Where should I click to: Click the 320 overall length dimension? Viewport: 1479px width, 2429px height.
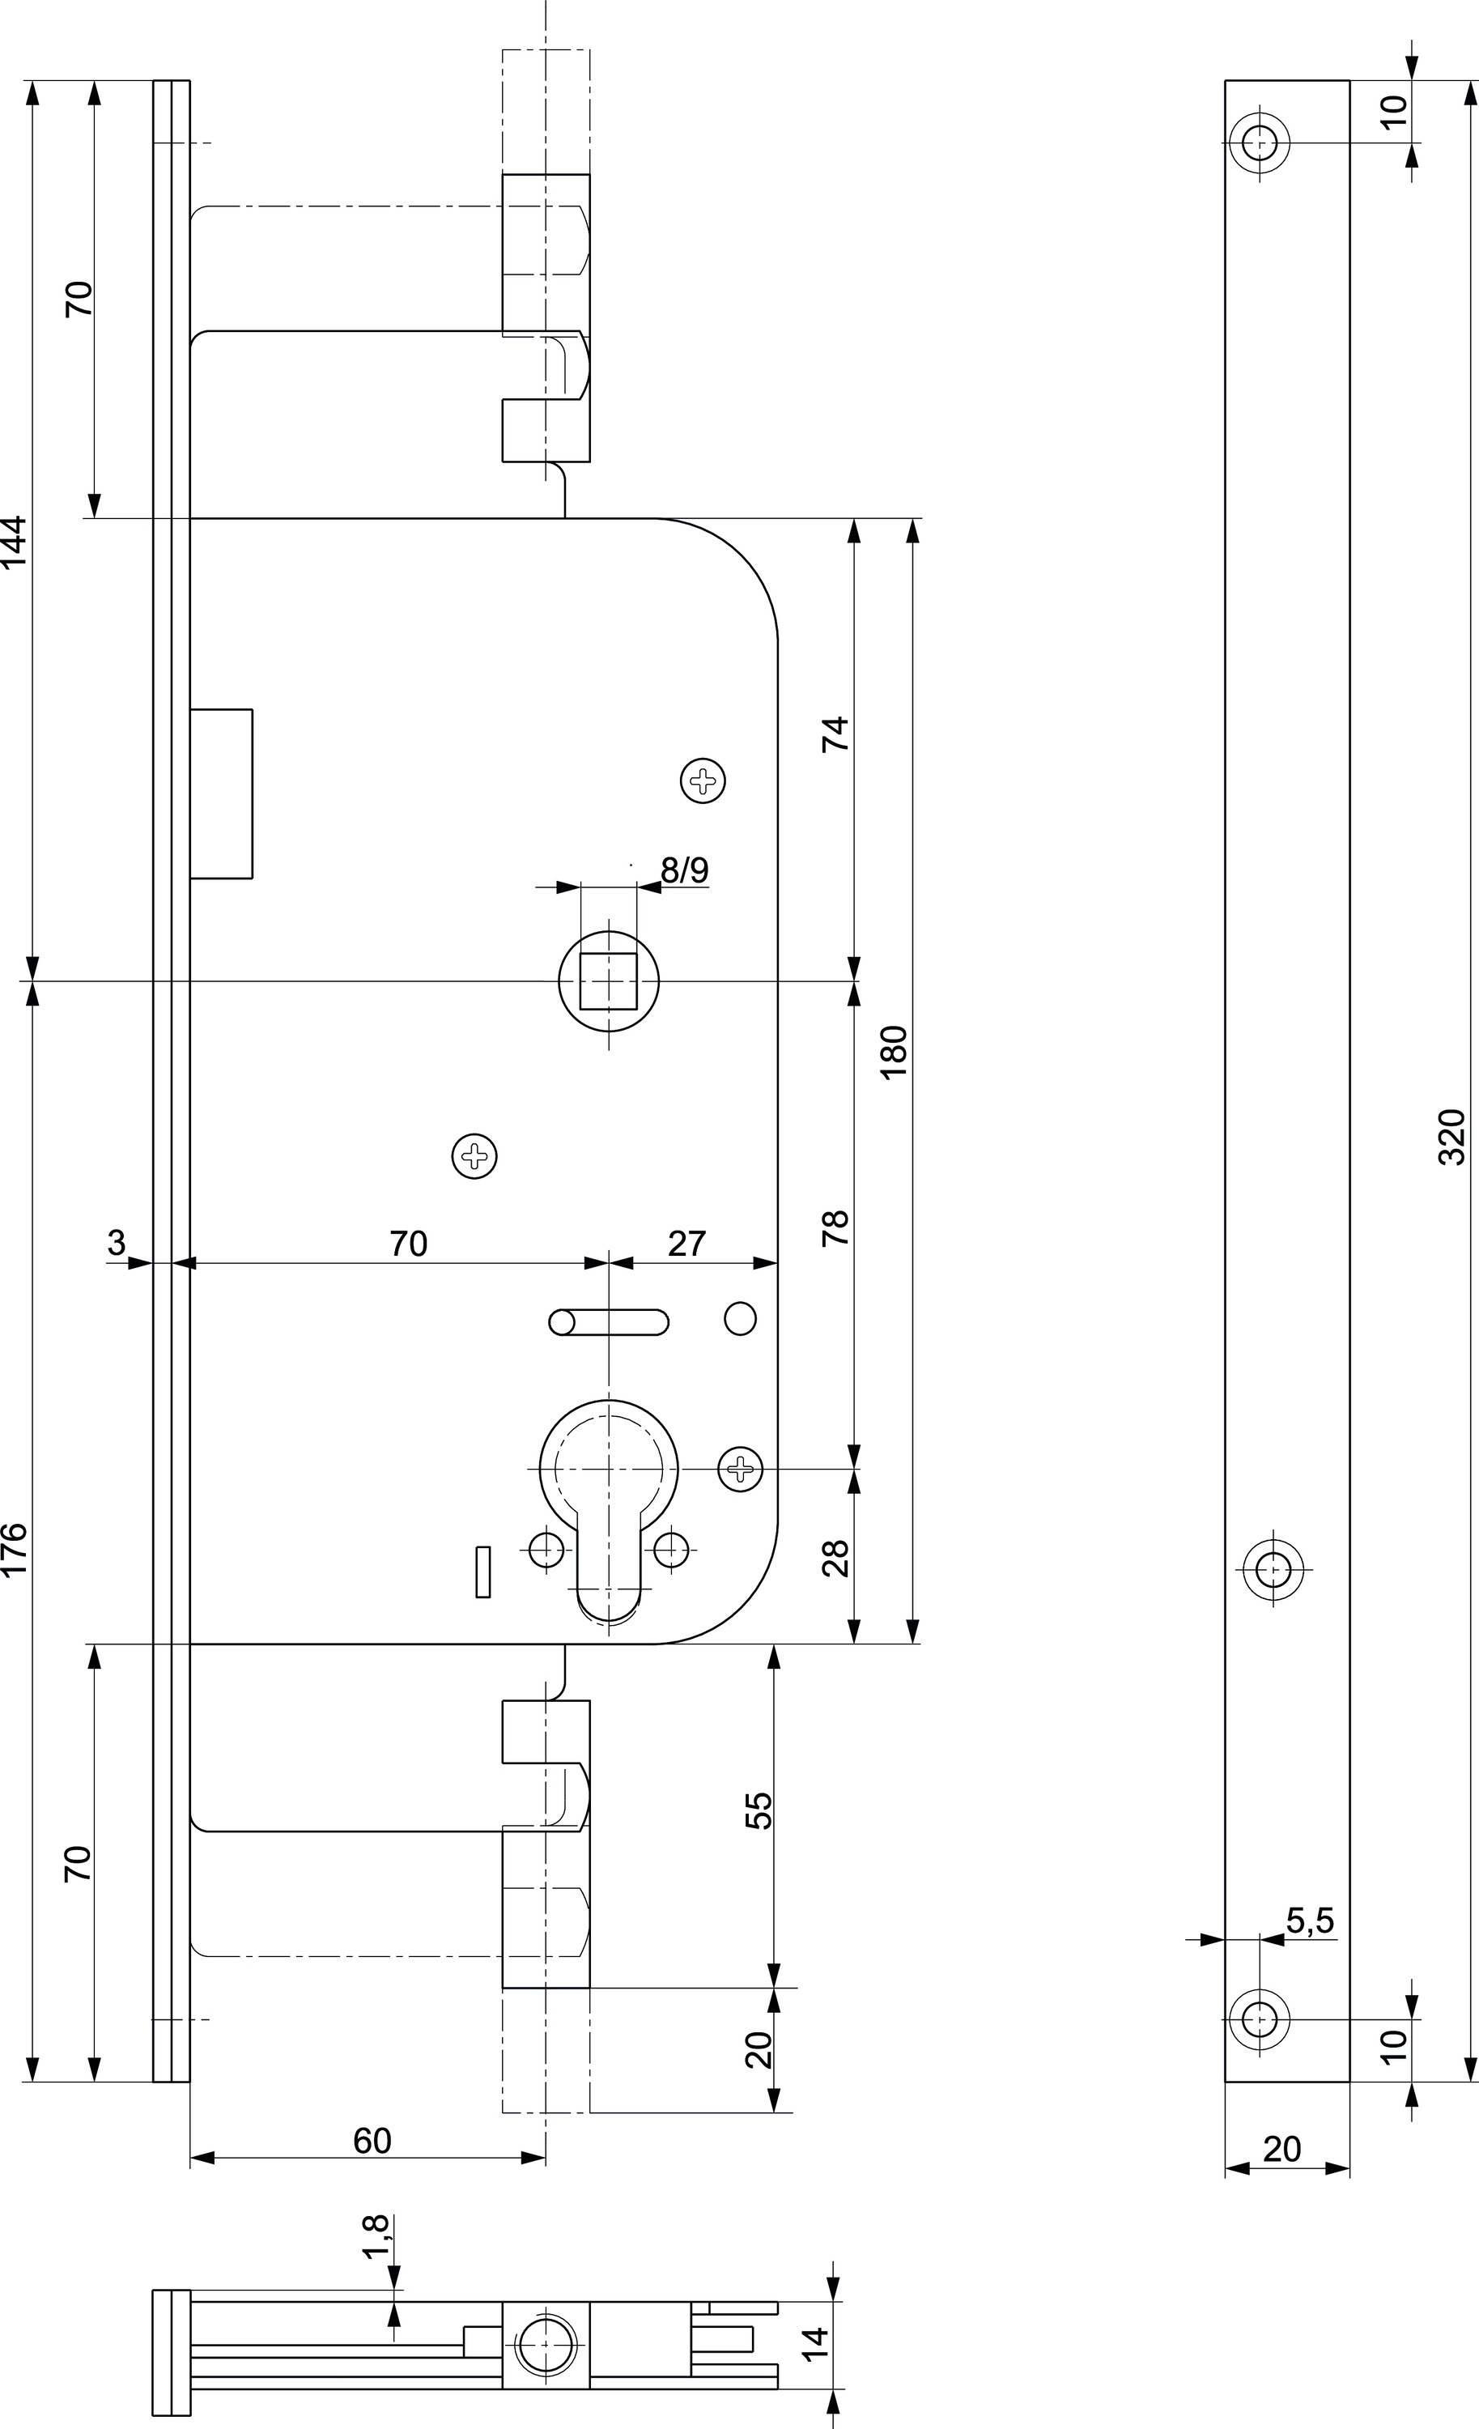tap(1451, 1137)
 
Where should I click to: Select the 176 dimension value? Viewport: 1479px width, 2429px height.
tap(14, 1550)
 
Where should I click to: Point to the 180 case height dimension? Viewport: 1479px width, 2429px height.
tap(893, 1052)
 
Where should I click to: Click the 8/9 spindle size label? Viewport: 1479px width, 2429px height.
tap(684, 870)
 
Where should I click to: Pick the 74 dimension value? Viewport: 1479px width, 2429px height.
tap(835, 734)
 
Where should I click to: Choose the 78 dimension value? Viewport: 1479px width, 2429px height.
tap(835, 1227)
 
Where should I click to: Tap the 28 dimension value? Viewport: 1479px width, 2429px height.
tap(835, 1558)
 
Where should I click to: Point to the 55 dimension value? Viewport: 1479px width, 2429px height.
tap(759, 1810)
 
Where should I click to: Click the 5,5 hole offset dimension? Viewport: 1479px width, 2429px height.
tap(1310, 1921)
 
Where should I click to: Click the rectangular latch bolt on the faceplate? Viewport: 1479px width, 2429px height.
tap(221, 793)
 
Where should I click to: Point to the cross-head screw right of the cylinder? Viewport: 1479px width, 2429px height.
tap(740, 1469)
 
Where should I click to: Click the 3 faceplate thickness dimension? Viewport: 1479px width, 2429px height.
tap(117, 1242)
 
